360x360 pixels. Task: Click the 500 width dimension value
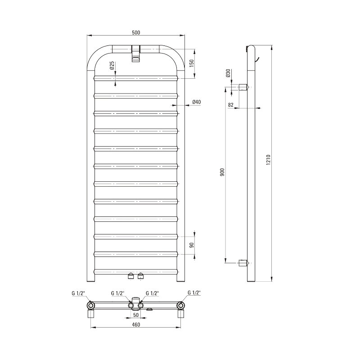click(136, 32)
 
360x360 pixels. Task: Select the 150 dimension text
click(192, 63)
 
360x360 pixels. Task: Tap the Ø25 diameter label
click(112, 66)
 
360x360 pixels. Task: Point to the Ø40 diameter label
click(197, 102)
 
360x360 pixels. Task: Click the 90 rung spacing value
click(192, 245)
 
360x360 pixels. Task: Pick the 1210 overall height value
click(268, 160)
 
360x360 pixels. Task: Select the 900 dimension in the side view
click(222, 172)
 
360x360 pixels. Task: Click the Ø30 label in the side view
click(228, 73)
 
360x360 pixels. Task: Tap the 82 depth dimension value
click(231, 105)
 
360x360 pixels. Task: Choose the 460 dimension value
click(136, 324)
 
